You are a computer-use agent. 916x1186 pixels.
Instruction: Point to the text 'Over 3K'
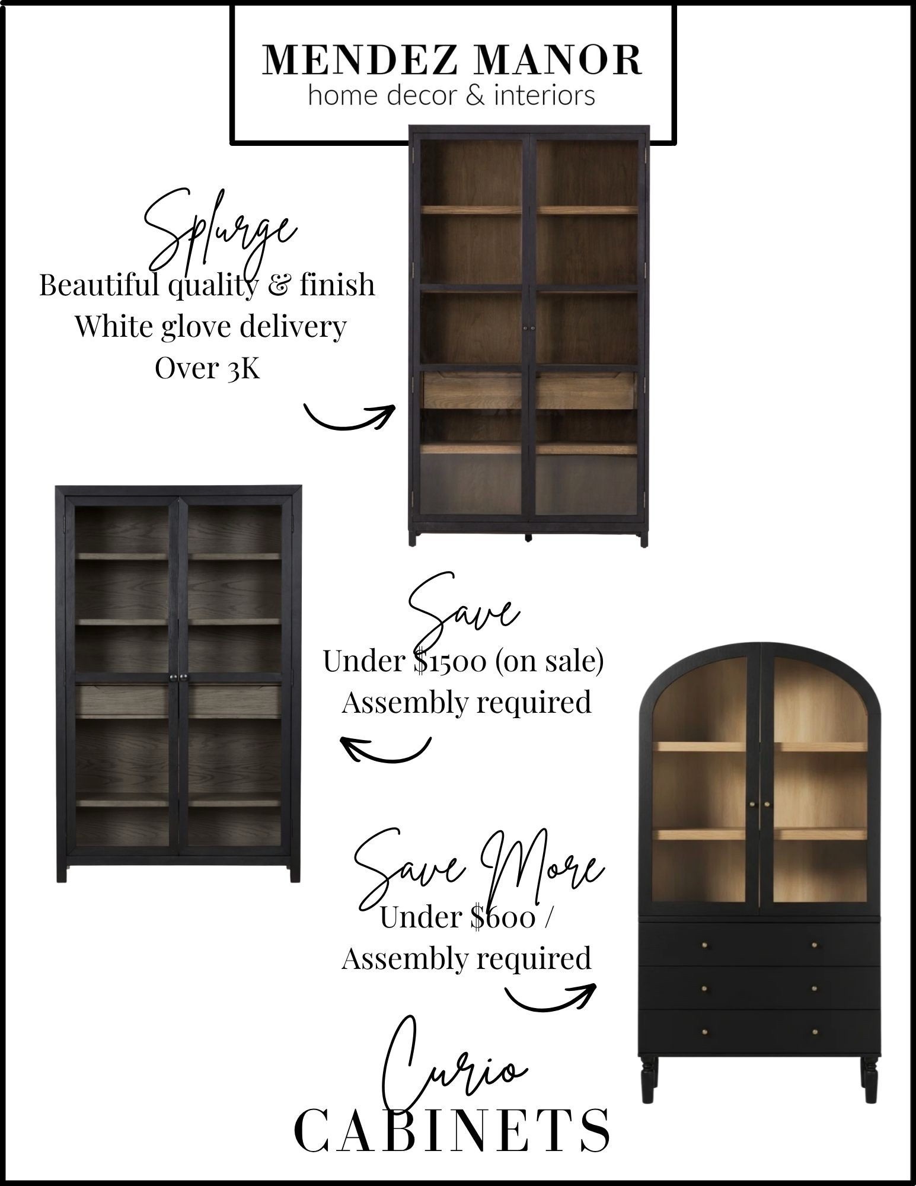pyautogui.click(x=207, y=369)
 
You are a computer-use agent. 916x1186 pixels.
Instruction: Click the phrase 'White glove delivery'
pyautogui.click(x=210, y=327)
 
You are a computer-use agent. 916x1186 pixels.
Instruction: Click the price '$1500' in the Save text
pyautogui.click(x=449, y=662)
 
